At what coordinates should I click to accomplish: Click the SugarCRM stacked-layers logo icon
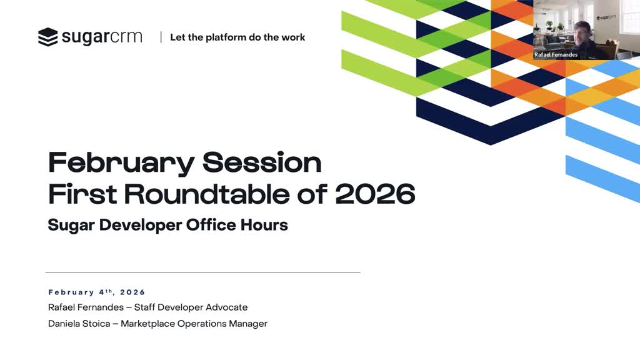(47, 37)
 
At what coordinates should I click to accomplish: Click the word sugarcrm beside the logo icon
(102, 37)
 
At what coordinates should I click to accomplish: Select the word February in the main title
(121, 163)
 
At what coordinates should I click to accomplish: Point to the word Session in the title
(262, 162)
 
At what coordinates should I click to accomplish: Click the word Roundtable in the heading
(207, 194)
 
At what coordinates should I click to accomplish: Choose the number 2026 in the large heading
(375, 194)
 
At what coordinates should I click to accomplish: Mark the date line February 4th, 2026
(97, 292)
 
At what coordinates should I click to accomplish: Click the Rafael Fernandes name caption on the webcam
(556, 55)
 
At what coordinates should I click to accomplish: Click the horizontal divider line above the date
(203, 272)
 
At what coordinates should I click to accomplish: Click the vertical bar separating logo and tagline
(161, 37)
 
